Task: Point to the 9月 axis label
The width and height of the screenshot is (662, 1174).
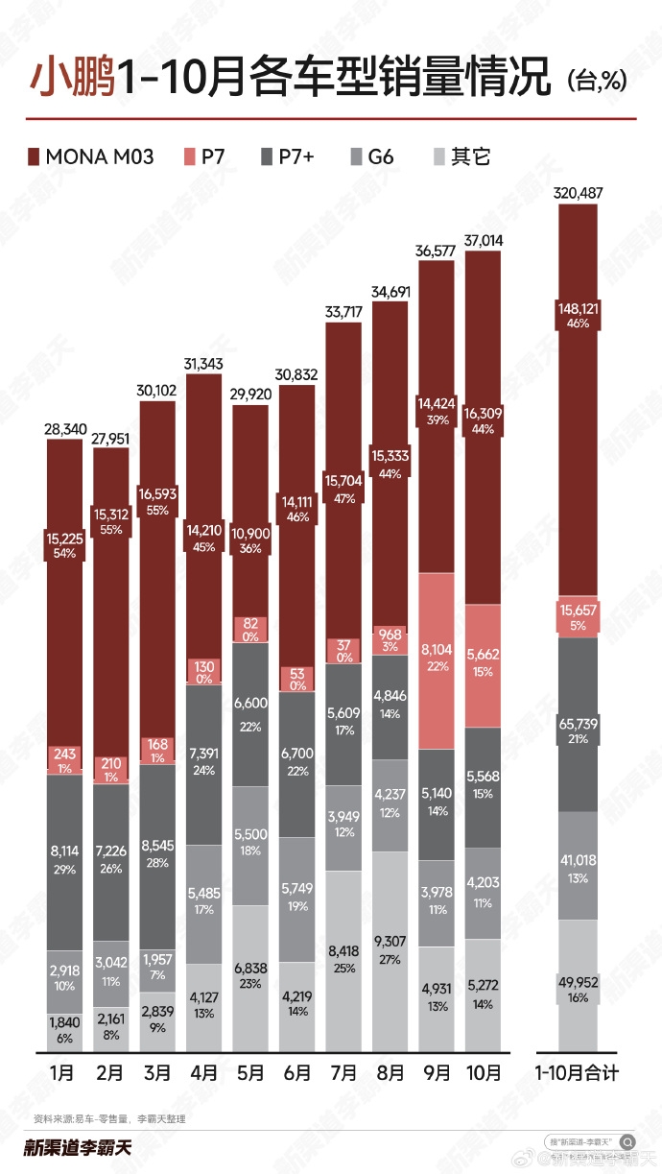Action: [436, 1072]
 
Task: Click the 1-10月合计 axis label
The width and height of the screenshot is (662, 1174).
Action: [579, 1072]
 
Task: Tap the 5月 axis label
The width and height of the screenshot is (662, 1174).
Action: [250, 1072]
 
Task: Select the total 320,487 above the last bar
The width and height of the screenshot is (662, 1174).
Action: [579, 193]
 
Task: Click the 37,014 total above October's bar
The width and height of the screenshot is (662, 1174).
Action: [483, 239]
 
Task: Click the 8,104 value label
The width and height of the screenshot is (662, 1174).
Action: [437, 649]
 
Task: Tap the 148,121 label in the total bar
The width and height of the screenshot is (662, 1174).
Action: [579, 308]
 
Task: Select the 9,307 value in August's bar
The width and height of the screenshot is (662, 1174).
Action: [390, 942]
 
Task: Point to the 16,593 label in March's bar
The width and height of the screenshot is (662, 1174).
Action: [157, 493]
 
